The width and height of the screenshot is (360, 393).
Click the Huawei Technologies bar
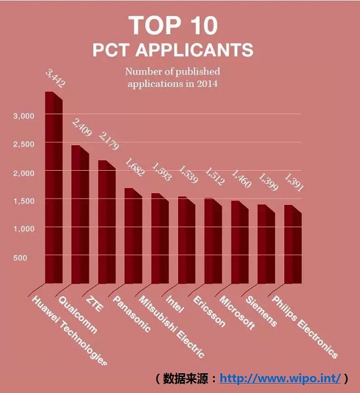(x=54, y=187)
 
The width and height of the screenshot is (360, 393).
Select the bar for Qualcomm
(x=80, y=214)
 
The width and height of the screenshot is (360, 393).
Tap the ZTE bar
(x=107, y=222)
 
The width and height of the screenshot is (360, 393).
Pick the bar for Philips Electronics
(x=293, y=244)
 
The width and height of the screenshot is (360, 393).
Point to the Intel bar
(x=187, y=240)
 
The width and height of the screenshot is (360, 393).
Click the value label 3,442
(x=55, y=79)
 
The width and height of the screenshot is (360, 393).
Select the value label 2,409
(x=82, y=127)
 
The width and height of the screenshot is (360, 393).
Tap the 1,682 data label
(x=135, y=167)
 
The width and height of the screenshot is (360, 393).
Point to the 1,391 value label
(x=294, y=183)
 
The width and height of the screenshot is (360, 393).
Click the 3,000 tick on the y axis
(x=24, y=116)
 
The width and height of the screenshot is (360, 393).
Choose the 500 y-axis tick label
(x=20, y=258)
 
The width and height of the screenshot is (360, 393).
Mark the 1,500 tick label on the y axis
(x=24, y=201)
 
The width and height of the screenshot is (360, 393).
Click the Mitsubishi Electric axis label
(x=171, y=327)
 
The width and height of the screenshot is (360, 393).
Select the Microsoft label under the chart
(x=237, y=312)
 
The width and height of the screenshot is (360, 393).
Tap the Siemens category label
(x=261, y=312)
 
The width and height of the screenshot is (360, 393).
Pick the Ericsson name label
(x=209, y=312)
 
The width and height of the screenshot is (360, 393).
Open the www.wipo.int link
(x=280, y=378)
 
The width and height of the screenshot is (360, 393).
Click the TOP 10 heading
(x=173, y=25)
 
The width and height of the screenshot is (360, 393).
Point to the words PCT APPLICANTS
(x=173, y=50)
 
